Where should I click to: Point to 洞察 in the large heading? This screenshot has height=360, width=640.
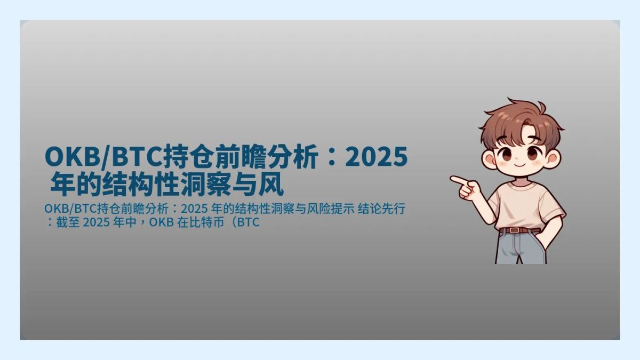214,186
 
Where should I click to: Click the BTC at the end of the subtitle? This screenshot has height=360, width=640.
248,222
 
